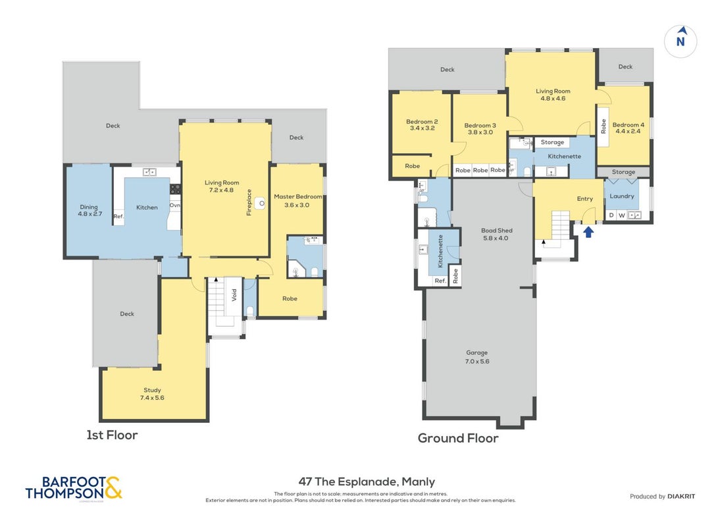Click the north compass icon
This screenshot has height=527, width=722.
pos(680,41)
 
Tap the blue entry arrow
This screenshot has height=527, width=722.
pos(588,231)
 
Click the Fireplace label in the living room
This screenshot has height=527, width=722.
pos(249,202)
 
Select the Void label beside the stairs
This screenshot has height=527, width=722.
pos(234,295)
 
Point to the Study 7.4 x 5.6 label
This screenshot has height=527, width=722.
pos(153,394)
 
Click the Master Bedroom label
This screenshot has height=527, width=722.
pos(298,196)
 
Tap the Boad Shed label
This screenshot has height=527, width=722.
pos(496,230)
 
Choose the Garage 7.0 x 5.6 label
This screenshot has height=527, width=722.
pos(477,357)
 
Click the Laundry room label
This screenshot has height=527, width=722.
pos(621,196)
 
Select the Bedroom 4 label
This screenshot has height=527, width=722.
pos(628,125)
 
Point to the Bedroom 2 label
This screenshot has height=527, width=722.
pos(422,122)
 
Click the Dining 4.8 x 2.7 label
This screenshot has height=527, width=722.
pos(90,210)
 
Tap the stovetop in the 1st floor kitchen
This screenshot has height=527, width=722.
pos(175,188)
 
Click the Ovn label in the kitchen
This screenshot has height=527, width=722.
pos(175,205)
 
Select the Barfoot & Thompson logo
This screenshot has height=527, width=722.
pos(74,488)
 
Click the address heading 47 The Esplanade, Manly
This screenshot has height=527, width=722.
pos(367,482)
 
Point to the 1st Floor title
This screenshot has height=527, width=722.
pos(112,435)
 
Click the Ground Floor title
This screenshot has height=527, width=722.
pos(457,438)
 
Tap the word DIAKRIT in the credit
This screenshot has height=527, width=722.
pos(681,496)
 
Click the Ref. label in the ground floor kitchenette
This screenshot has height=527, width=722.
pos(440,281)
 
